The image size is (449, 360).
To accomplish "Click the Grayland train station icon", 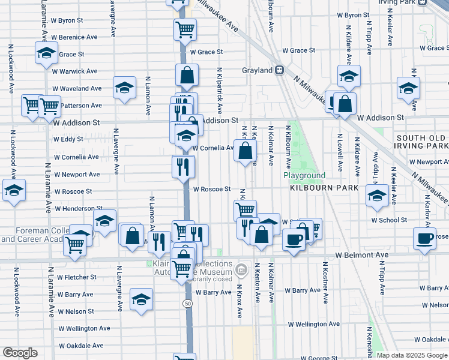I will pyautogui.click(x=279, y=70).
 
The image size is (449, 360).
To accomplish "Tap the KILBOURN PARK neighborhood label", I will pyautogui.click(x=324, y=188).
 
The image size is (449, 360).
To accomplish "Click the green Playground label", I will pyautogui.click(x=304, y=176).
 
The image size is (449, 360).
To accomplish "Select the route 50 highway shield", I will pyautogui.click(x=188, y=304).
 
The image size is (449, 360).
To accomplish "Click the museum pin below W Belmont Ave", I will pyautogui.click(x=241, y=268).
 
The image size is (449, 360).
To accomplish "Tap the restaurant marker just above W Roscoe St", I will pyautogui.click(x=184, y=167).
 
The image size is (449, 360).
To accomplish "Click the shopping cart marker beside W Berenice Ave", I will pyautogui.click(x=185, y=29).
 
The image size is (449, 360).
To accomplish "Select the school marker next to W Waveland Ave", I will pyautogui.click(x=124, y=88).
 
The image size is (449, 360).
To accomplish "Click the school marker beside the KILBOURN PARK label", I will pyautogui.click(x=377, y=197).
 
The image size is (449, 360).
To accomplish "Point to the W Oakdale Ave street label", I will pyautogui.click(x=81, y=346).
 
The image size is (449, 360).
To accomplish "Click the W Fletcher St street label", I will pyautogui.click(x=77, y=277).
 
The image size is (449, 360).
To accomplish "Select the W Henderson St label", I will pyautogui.click(x=75, y=209).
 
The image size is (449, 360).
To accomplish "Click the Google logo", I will pyautogui.click(x=20, y=353).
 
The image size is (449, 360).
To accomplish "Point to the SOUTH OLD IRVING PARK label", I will pyautogui.click(x=422, y=142).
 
